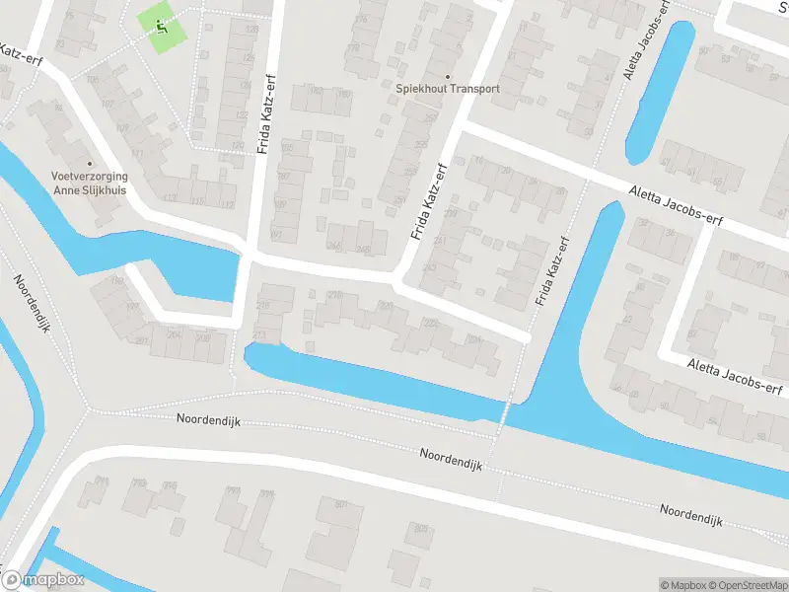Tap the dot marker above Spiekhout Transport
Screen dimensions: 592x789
pos(447,76)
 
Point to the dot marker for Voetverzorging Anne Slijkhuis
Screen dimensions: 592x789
pos(90,164)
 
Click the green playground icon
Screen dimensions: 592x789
pos(160,27)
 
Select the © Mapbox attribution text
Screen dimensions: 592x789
pos(682,585)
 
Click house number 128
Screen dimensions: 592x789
pos(251,30)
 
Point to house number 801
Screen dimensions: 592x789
pos(342,504)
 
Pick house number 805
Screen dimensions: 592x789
pos(421,529)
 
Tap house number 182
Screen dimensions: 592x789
pos(316,91)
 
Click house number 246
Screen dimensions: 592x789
pos(334,247)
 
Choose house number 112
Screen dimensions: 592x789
pos(228,204)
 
